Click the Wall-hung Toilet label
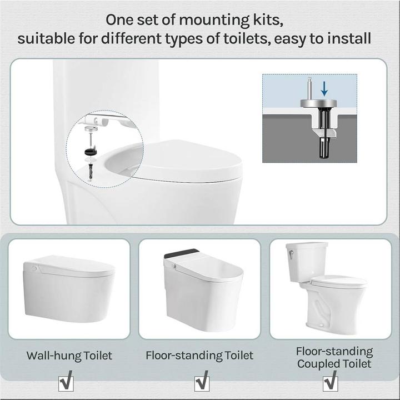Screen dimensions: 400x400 (x=69, y=355)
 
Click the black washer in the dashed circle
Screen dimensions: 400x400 (x=89, y=151)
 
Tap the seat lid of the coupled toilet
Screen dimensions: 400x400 (x=338, y=281)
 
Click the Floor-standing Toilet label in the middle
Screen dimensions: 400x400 (x=199, y=355)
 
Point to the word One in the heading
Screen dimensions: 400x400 (x=118, y=20)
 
